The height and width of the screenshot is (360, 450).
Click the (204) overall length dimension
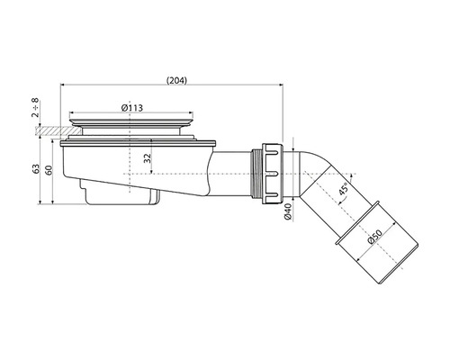(x=176, y=80)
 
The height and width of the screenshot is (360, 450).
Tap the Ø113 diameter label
(x=132, y=108)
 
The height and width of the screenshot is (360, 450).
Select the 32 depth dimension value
(x=148, y=158)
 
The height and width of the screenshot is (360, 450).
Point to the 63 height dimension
(x=36, y=169)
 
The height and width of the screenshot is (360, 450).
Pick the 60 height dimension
(x=49, y=170)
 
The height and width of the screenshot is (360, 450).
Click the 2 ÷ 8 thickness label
(x=35, y=107)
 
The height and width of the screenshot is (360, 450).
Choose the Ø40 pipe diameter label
(x=288, y=212)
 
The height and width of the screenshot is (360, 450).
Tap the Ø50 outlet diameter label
(x=374, y=237)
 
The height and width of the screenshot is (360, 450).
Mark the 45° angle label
(x=345, y=189)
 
